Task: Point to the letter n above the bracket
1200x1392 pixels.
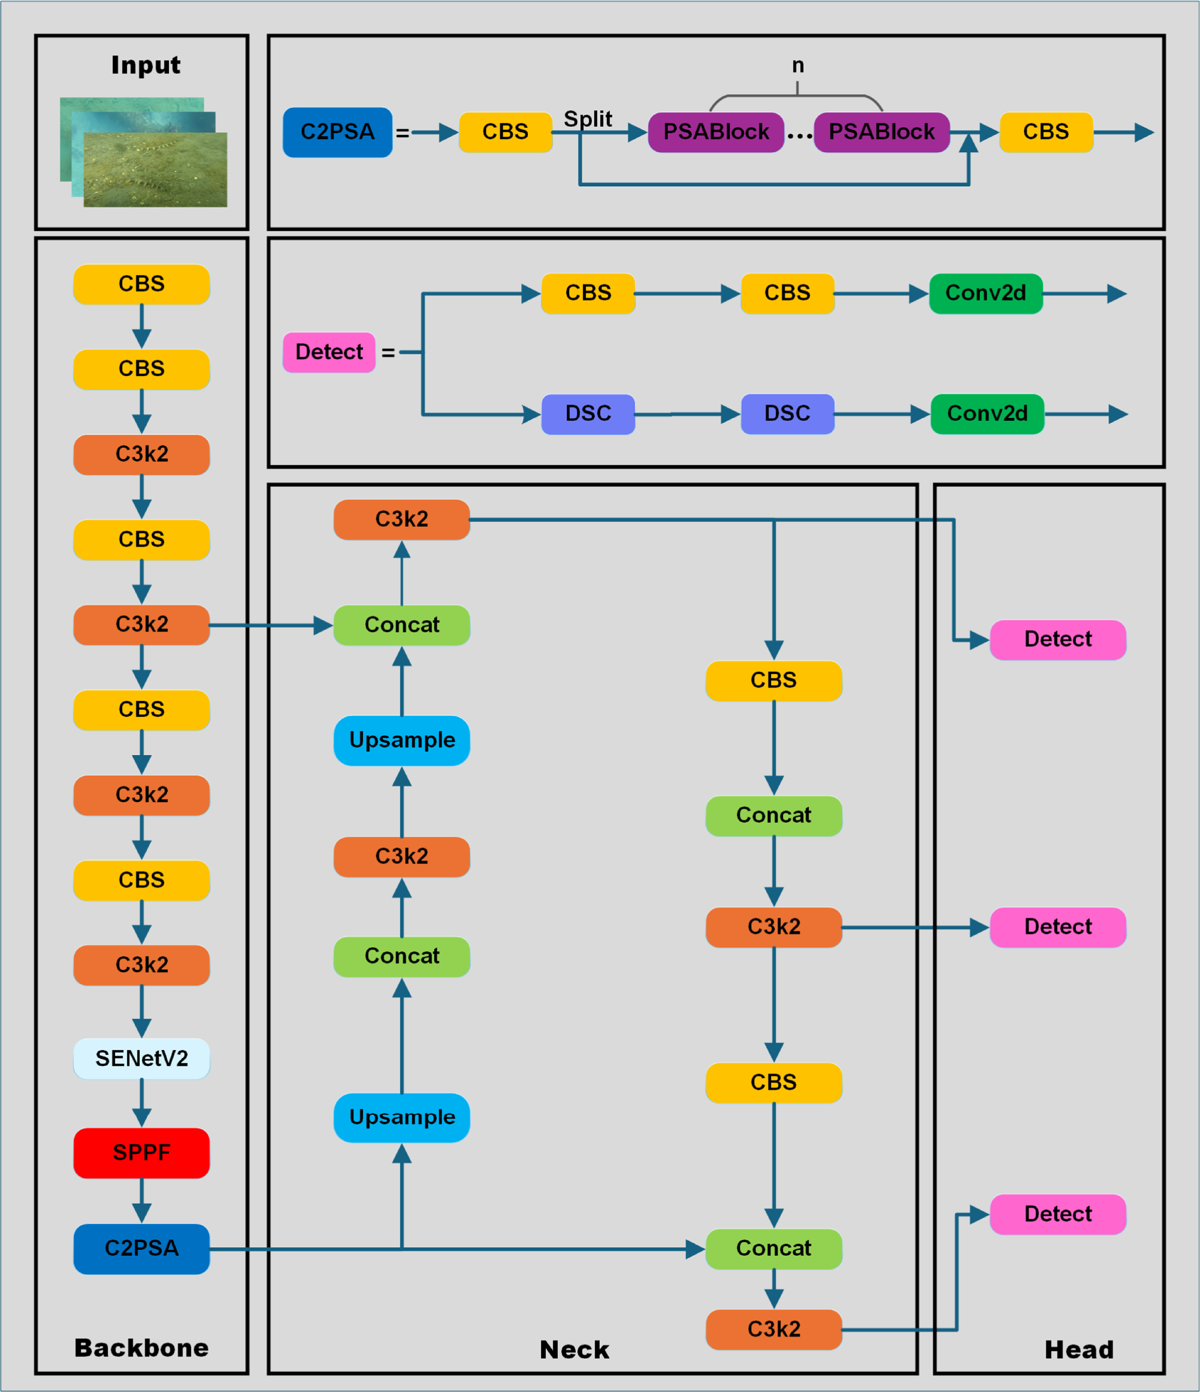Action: pyautogui.click(x=798, y=65)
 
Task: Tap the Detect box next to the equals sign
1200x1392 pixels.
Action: pyautogui.click(x=329, y=352)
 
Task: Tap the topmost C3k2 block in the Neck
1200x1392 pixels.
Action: pyautogui.click(x=402, y=519)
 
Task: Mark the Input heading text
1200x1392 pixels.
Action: pyautogui.click(x=146, y=65)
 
